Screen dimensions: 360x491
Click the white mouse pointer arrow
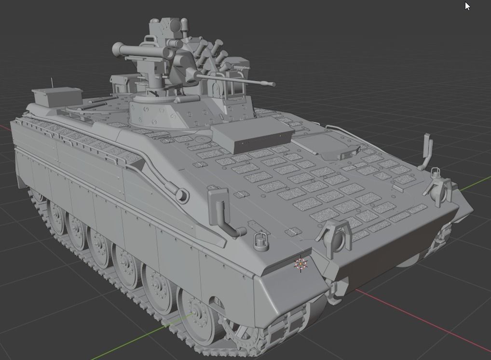(467, 6)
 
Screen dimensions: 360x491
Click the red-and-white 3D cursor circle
(300, 264)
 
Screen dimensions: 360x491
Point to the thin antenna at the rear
(52, 82)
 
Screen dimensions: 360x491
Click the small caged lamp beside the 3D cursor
(260, 241)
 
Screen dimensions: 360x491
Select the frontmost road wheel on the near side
(196, 311)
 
